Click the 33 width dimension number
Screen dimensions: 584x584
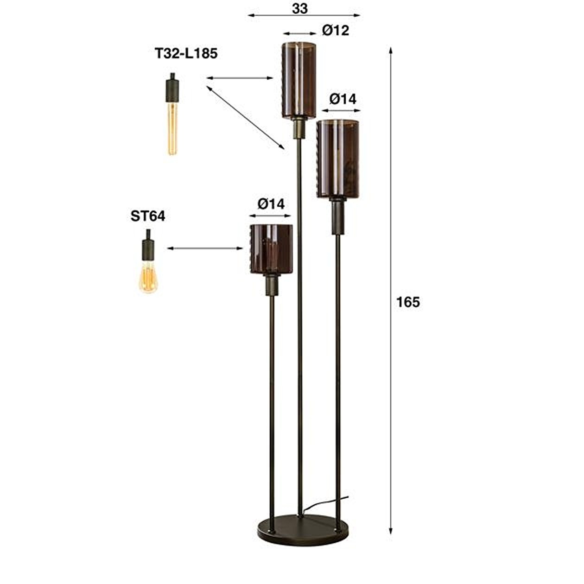tap(300, 8)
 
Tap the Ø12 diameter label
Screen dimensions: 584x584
tap(335, 31)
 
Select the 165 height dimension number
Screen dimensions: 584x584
tap(408, 302)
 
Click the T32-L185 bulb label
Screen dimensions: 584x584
tap(186, 54)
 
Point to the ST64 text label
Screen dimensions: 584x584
tap(147, 216)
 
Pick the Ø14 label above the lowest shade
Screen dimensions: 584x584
tap(271, 203)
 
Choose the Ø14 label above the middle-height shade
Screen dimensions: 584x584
tap(343, 99)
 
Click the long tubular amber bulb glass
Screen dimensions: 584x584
tap(172, 127)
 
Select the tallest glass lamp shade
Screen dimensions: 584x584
tap(299, 80)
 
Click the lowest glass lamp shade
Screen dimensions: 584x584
tap(271, 248)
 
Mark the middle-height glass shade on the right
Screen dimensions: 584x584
tap(338, 159)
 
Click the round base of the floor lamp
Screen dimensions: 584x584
tap(300, 529)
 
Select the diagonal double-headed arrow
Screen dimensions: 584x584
tap(245, 117)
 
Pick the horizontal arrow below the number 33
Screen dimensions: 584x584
tap(304, 16)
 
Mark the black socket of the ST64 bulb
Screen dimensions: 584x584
tap(148, 247)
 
